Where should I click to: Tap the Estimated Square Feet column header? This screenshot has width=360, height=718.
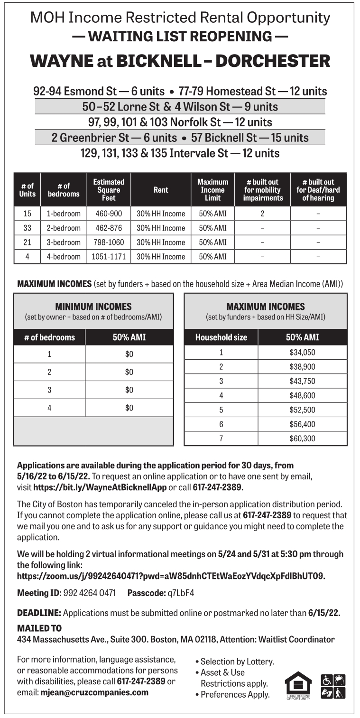pos(109,190)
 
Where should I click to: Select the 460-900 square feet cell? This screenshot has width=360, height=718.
pos(109,214)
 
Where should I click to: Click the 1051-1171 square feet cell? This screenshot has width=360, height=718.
pos(109,257)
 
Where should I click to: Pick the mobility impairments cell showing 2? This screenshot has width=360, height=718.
pos(262,214)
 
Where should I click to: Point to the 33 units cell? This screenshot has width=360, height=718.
pos(27,228)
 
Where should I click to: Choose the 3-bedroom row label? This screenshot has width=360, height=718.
pos(64,242)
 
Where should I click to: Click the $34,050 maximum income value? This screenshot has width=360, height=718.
pos(302,352)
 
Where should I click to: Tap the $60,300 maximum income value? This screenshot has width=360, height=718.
pos(302,438)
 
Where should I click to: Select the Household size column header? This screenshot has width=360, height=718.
pos(221,337)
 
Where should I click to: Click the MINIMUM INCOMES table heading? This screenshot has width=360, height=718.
pos(93,307)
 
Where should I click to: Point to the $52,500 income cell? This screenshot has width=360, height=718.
pos(302,410)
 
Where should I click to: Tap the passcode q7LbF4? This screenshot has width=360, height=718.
pos(181,593)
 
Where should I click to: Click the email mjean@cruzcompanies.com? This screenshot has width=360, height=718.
pos(94,692)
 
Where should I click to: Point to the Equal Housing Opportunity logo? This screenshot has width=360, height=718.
pos(298,686)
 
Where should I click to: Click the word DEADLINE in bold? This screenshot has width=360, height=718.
pos(39,613)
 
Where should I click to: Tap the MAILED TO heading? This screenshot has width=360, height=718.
pos(39,628)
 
